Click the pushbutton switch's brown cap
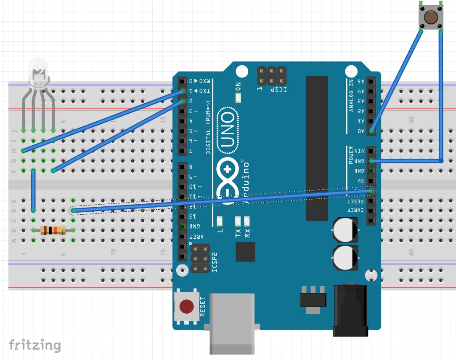(x=430, y=17)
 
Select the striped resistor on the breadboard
(x=53, y=230)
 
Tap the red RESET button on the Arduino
(x=186, y=306)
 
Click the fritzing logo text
(x=35, y=345)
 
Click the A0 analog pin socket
(x=371, y=131)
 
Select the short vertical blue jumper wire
(x=33, y=190)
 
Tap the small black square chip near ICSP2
(x=245, y=252)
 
